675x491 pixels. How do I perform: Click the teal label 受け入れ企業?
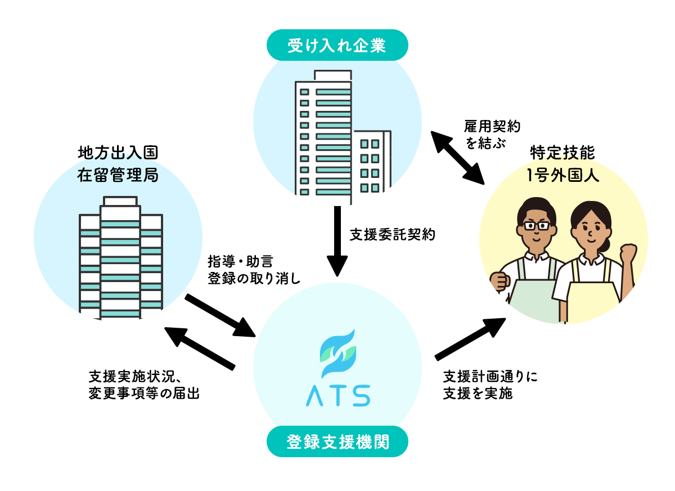point(337,46)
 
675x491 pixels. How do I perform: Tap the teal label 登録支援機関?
point(337,442)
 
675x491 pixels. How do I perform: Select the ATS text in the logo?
point(337,395)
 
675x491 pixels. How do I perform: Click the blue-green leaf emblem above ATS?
point(337,353)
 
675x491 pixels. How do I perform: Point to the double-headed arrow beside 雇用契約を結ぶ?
point(458,157)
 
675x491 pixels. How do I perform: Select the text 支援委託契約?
point(392,234)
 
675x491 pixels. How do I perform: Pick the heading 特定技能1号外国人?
point(563,164)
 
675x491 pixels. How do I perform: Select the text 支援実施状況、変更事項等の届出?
point(144,385)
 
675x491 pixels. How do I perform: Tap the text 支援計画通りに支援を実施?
point(490,385)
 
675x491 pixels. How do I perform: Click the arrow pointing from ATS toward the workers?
point(470,338)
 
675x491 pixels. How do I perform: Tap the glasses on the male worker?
point(537,225)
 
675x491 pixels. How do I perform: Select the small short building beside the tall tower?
point(372,163)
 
